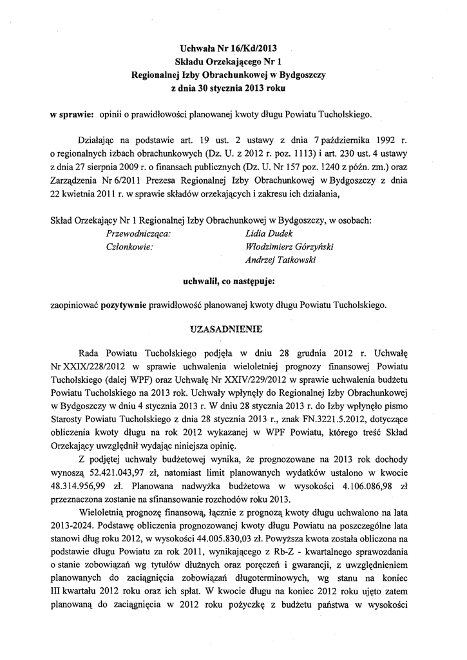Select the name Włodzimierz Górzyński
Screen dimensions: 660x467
click(284, 247)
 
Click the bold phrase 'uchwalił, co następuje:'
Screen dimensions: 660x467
click(230, 281)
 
